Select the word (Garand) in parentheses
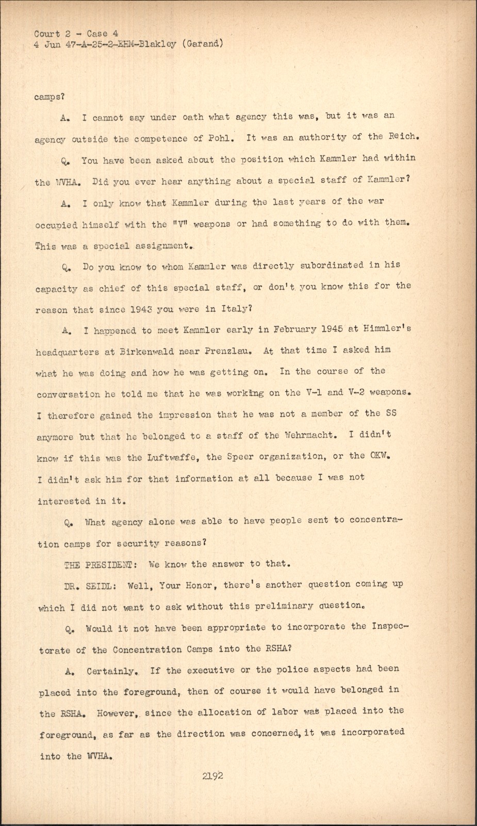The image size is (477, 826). click(207, 43)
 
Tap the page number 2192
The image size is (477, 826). click(213, 775)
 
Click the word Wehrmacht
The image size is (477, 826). click(309, 435)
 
